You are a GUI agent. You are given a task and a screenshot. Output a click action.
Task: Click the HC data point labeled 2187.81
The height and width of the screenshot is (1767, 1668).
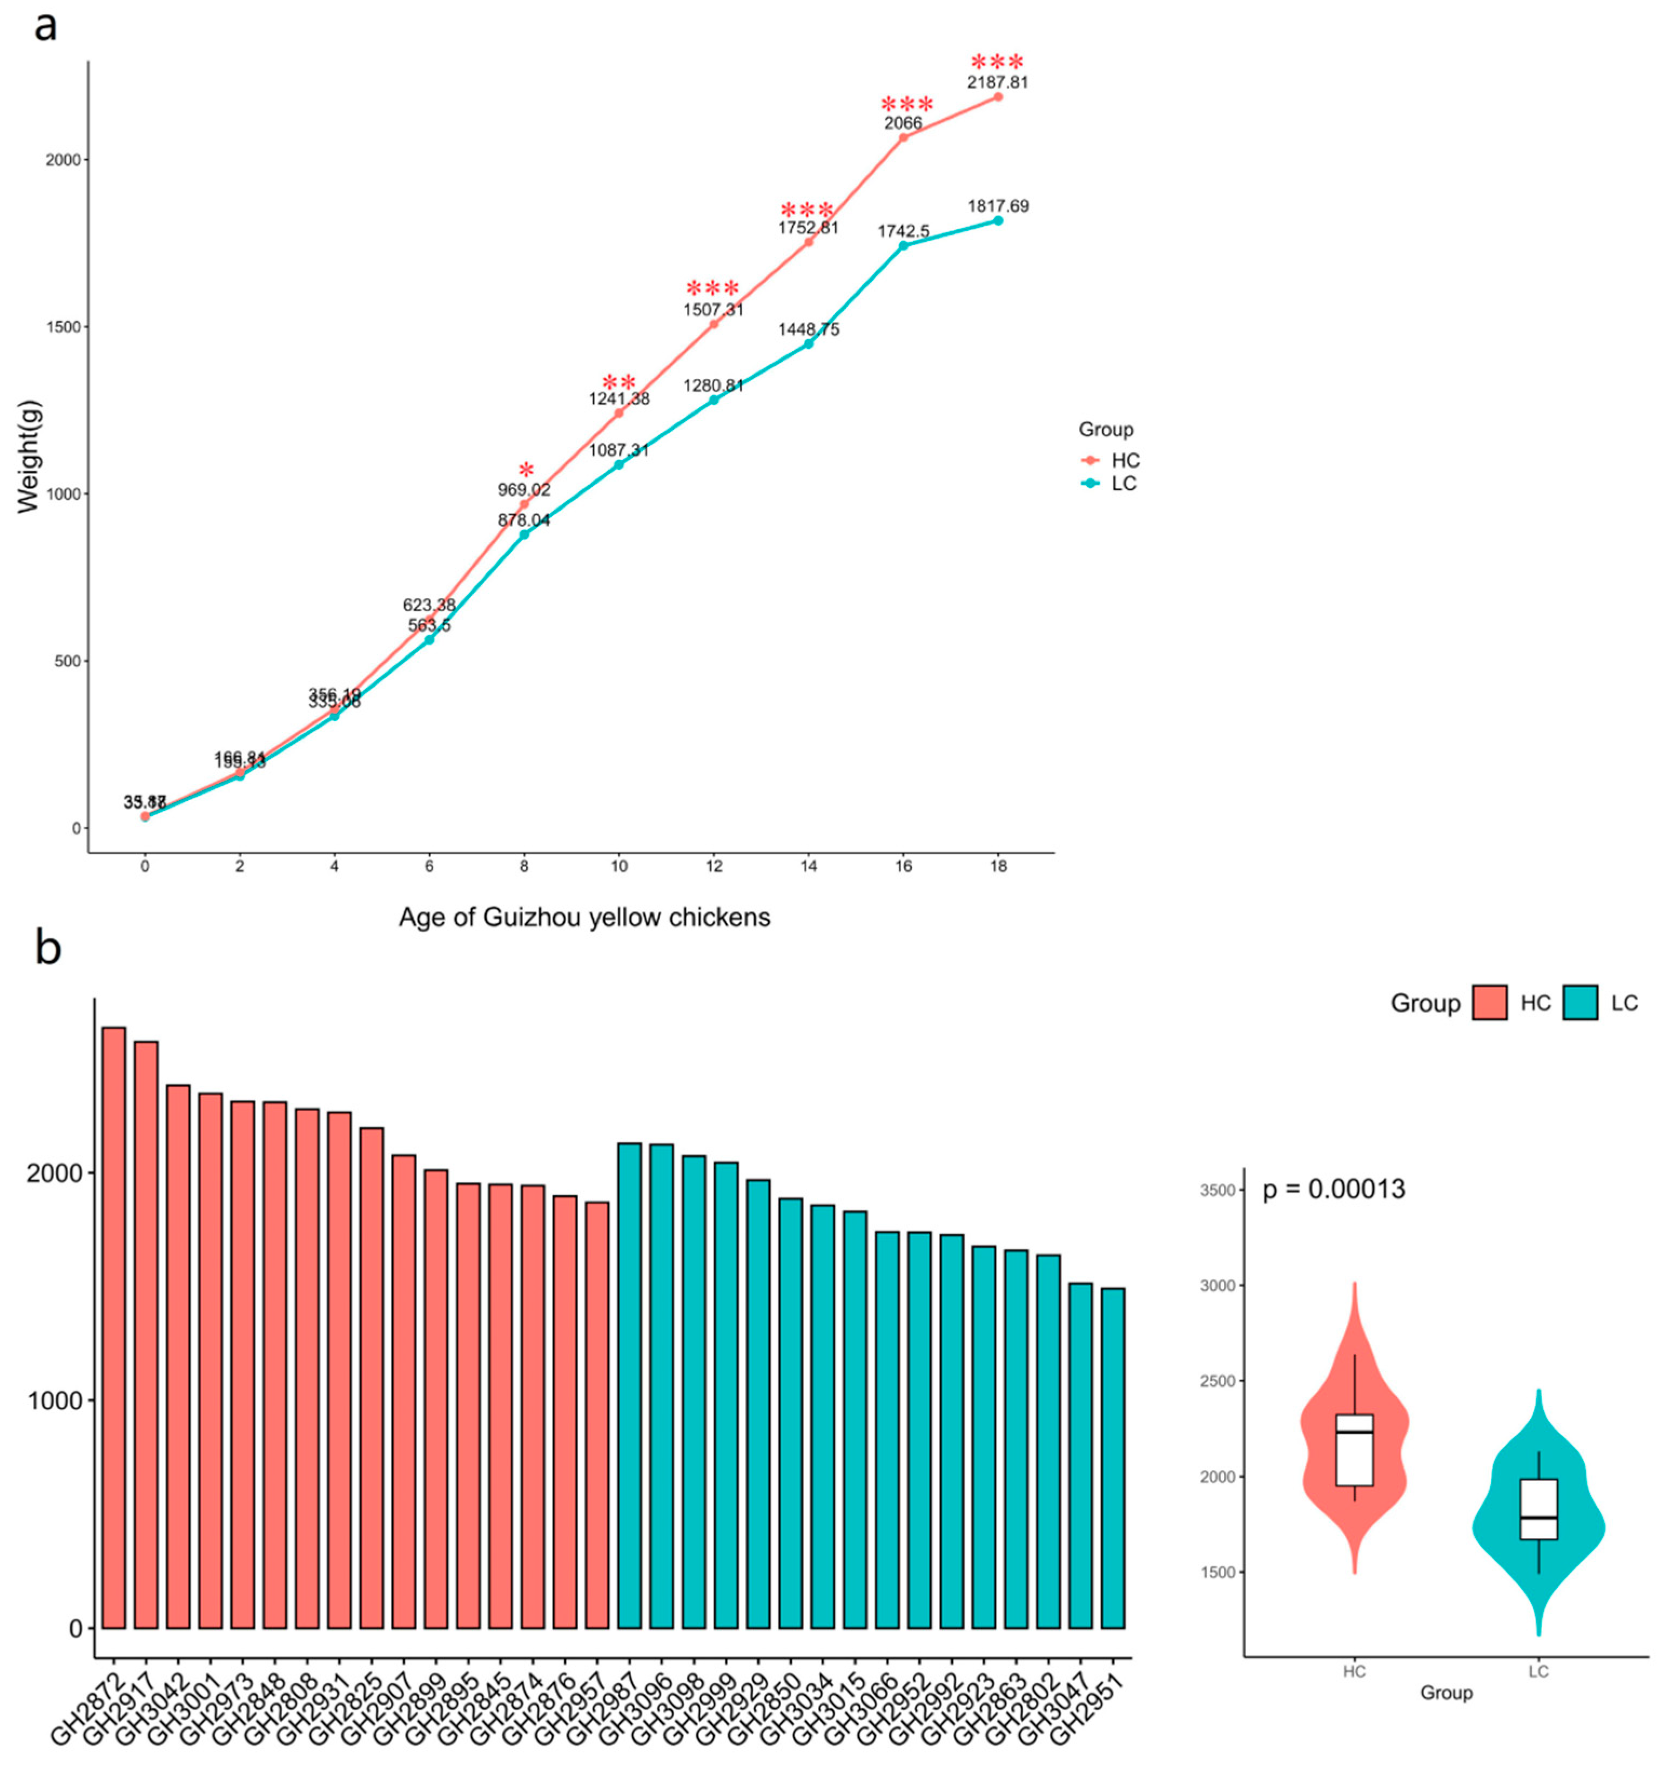click(998, 97)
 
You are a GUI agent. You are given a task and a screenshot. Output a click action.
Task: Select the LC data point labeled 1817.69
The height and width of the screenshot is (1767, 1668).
click(998, 220)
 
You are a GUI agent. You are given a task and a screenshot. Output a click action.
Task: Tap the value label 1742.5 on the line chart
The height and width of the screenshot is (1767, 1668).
click(903, 231)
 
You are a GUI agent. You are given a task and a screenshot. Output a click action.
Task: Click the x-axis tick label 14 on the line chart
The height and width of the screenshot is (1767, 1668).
click(808, 866)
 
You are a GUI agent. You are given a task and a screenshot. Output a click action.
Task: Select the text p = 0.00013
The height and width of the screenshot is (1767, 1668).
click(1334, 1189)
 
